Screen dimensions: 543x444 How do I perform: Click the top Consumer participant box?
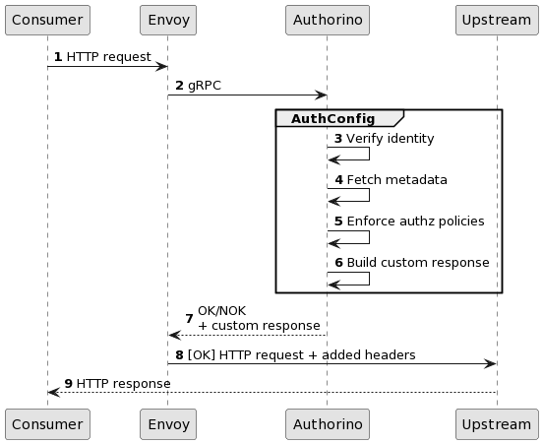click(47, 20)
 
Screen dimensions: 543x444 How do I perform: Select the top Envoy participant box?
click(168, 20)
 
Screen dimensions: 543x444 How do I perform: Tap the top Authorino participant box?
click(328, 20)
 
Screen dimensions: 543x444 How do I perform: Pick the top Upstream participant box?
click(497, 20)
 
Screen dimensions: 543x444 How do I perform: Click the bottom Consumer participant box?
click(47, 424)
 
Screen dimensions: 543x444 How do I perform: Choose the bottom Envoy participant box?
click(168, 424)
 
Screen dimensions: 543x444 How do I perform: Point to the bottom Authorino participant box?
click(328, 424)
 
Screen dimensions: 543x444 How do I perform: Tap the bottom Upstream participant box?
click(497, 424)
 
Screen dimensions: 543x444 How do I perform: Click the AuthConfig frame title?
click(332, 119)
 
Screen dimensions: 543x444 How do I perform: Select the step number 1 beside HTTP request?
click(58, 57)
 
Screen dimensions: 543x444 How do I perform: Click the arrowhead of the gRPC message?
click(321, 95)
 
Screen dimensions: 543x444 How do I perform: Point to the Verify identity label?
click(390, 139)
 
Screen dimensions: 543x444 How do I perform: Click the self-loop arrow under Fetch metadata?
click(369, 195)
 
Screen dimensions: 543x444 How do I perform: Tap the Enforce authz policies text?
click(415, 222)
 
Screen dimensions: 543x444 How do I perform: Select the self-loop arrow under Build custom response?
click(369, 279)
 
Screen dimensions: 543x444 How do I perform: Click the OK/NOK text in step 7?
click(222, 311)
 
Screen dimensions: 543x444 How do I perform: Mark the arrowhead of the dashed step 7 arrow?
click(175, 335)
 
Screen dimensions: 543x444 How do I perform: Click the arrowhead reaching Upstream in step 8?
click(490, 364)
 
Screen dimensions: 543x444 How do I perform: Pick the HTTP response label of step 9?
click(123, 384)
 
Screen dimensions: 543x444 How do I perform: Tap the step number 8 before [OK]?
click(179, 355)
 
